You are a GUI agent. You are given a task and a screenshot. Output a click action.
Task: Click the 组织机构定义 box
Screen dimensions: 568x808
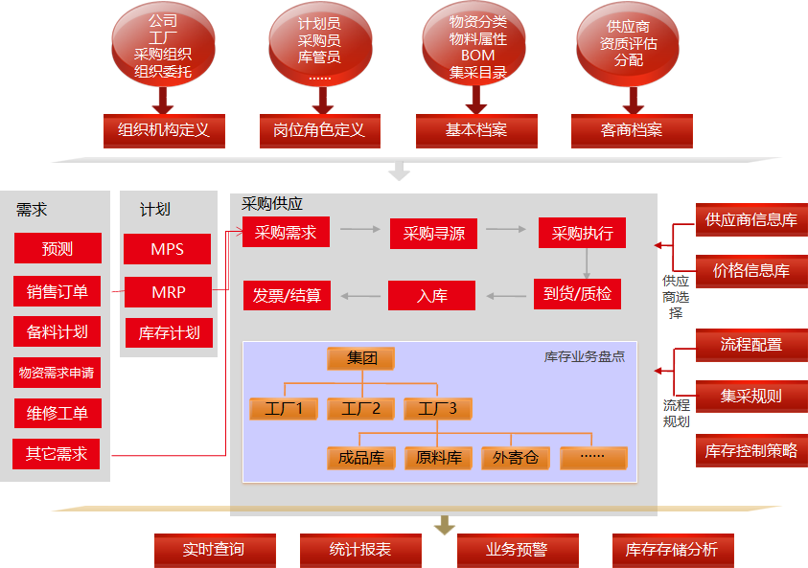point(164,130)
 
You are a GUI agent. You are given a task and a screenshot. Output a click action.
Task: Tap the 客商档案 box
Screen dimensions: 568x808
point(632,130)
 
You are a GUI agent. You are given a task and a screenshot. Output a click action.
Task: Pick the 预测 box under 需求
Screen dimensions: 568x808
point(58,249)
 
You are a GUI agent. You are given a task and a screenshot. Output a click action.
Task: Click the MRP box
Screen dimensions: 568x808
point(169,291)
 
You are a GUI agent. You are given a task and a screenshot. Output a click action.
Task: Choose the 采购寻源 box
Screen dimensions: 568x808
point(433,233)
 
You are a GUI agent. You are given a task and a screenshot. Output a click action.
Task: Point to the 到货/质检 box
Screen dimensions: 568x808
point(577,294)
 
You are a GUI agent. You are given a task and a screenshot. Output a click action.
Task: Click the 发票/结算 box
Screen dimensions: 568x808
point(287,295)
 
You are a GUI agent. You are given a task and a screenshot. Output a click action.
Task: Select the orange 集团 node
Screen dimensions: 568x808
point(361,358)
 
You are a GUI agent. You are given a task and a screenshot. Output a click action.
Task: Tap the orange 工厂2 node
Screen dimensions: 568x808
point(361,409)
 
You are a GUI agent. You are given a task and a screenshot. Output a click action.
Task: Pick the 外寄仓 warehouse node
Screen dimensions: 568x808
point(516,458)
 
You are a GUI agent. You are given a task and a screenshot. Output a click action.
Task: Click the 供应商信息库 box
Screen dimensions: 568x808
point(751,220)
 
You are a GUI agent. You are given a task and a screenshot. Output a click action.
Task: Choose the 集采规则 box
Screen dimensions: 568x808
point(751,396)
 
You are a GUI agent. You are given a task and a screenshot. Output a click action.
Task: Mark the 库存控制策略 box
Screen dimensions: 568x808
point(751,450)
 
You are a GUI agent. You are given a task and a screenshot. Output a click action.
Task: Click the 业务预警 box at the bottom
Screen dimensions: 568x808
point(517,550)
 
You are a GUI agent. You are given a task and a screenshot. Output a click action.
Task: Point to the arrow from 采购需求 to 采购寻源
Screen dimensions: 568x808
point(359,230)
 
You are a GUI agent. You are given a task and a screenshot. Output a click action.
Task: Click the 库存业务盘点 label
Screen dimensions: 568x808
point(585,356)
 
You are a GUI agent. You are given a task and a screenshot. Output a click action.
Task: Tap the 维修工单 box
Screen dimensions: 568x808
point(58,414)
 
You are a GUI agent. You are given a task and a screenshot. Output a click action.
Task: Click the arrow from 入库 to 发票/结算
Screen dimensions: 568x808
point(359,295)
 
